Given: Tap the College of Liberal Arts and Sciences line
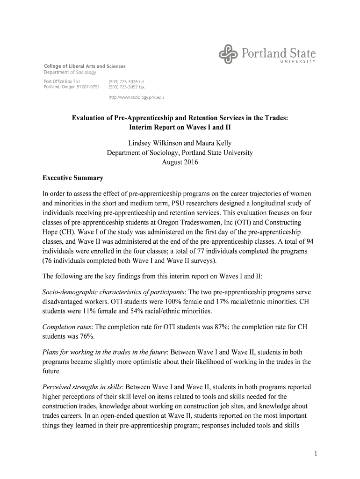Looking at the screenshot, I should [85, 66].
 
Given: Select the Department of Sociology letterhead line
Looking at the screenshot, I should [70, 73].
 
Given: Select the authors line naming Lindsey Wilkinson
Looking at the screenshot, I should [180, 143].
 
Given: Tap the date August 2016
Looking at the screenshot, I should [180, 162].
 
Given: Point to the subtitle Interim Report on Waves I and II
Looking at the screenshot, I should [180, 127].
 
